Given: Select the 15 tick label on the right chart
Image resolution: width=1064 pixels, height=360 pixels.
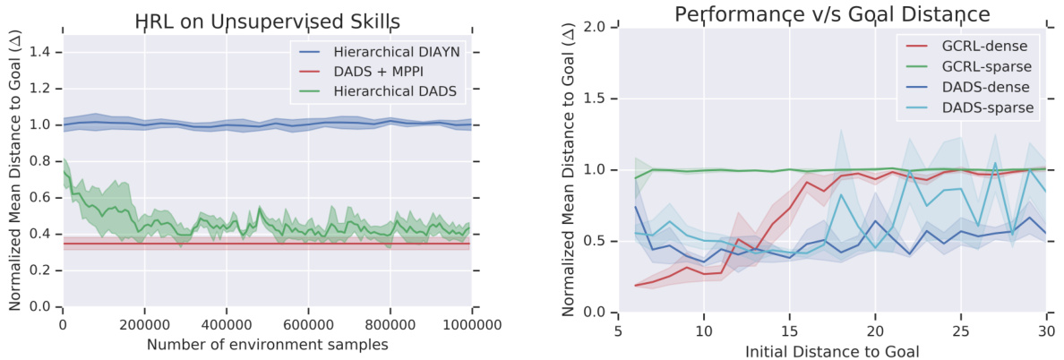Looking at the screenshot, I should [790, 330].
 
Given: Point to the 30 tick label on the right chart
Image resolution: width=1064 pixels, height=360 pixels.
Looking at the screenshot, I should [1045, 330].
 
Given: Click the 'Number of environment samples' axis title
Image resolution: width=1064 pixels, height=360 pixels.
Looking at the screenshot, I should [266, 344].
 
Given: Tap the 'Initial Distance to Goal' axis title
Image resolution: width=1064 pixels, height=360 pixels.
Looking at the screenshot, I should [832, 350].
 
